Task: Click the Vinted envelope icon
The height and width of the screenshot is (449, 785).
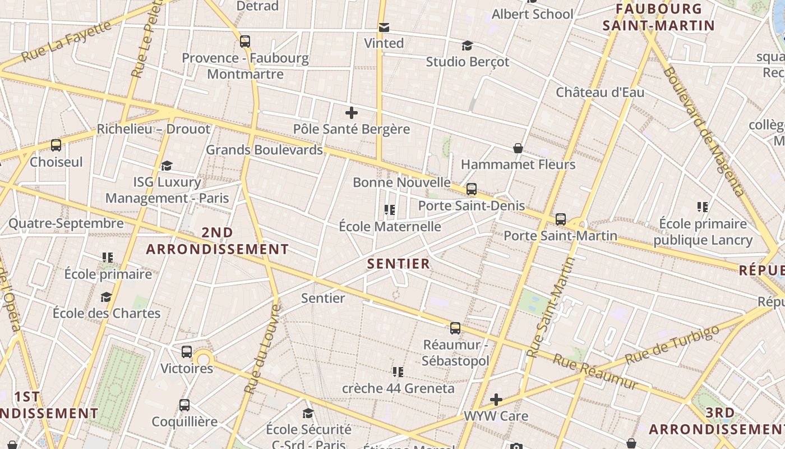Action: (384, 28)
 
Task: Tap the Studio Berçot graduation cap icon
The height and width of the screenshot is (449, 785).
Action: (467, 45)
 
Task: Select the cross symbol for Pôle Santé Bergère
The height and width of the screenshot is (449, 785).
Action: (352, 113)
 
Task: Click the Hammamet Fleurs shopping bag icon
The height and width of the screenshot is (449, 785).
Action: (518, 148)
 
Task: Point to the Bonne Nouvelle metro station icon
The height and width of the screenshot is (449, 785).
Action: (472, 189)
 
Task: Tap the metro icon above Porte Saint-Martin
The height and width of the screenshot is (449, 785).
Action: (561, 219)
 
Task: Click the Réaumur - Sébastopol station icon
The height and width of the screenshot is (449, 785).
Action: (455, 328)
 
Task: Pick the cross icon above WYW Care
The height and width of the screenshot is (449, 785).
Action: (496, 400)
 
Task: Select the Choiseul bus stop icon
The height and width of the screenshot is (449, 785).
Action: (56, 145)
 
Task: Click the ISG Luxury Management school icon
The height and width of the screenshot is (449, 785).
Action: (167, 166)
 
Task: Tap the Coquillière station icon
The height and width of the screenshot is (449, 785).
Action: (184, 405)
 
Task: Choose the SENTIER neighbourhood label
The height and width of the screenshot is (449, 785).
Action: (399, 264)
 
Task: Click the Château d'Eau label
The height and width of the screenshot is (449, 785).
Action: (600, 92)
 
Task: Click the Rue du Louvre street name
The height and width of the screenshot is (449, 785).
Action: (263, 348)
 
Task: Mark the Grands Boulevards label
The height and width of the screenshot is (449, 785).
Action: (264, 150)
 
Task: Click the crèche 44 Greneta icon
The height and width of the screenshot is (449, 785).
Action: (398, 372)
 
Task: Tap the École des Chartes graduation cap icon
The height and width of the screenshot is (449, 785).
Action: (106, 297)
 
